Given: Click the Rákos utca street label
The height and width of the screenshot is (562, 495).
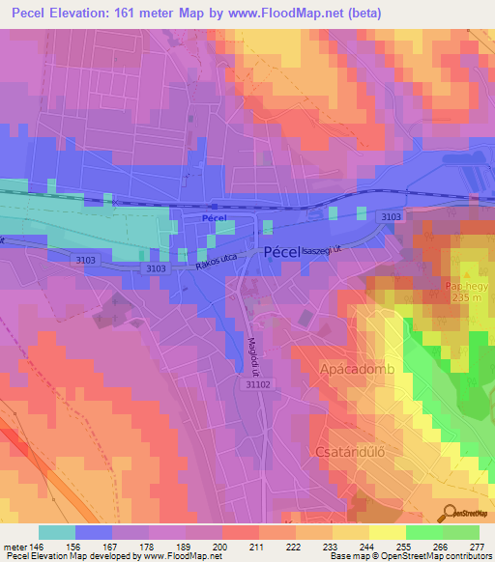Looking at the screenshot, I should (x=217, y=263).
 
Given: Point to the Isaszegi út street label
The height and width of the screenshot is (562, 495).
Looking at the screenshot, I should (x=327, y=250).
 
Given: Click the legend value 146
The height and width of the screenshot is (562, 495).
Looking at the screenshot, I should (x=37, y=546).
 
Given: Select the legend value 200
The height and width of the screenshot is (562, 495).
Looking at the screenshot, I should (x=221, y=546).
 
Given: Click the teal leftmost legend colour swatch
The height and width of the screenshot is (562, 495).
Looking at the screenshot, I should (x=56, y=532).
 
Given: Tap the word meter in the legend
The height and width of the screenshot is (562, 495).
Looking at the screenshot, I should (x=14, y=546).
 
